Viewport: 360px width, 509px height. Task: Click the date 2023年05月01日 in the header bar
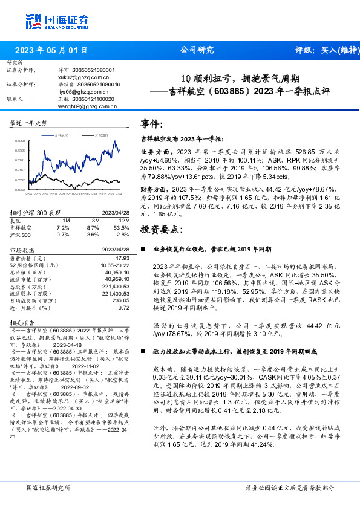click(50, 50)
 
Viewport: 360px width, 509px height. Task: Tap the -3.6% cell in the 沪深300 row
click(93, 234)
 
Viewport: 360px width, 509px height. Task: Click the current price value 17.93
click(123, 258)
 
